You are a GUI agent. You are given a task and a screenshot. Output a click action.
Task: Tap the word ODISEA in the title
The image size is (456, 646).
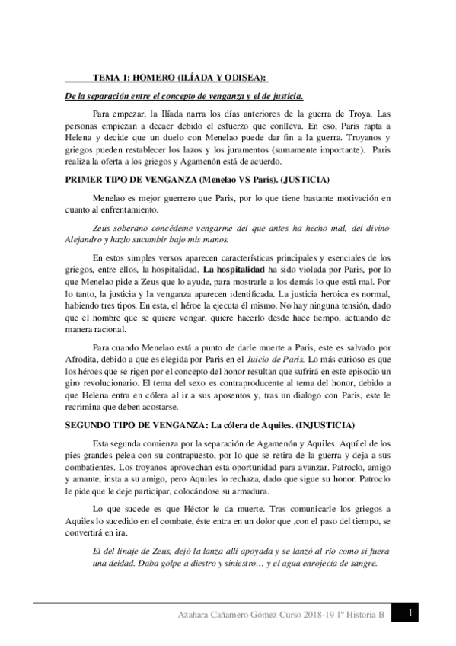tap(245, 77)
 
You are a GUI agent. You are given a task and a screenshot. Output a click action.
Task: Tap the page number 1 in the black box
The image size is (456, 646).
tap(410, 613)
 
